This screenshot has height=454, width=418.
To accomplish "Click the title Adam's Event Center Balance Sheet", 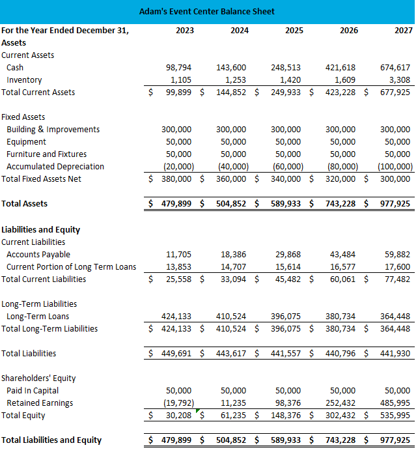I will tap(207, 11).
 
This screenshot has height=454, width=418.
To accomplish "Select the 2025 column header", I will tap(294, 30).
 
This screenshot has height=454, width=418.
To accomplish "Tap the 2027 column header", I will tap(403, 30).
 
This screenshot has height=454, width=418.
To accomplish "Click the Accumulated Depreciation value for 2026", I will tap(341, 167).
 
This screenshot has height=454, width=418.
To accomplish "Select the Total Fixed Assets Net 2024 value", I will tap(231, 179).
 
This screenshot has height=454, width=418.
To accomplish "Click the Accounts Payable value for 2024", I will tap(234, 255).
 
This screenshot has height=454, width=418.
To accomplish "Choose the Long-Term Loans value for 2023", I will tap(176, 317).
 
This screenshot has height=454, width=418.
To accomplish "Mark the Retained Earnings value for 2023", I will tap(176, 403).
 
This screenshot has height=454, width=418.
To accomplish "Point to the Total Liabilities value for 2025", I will tap(286, 354).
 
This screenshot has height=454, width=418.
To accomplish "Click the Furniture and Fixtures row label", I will tap(46, 154).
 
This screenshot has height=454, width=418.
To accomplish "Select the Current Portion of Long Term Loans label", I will tap(71, 267).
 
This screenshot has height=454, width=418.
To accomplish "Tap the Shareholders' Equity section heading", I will tap(38, 378).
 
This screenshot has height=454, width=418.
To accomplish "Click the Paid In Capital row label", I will tap(33, 391).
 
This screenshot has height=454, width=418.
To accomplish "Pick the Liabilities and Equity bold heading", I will tap(42, 230).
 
